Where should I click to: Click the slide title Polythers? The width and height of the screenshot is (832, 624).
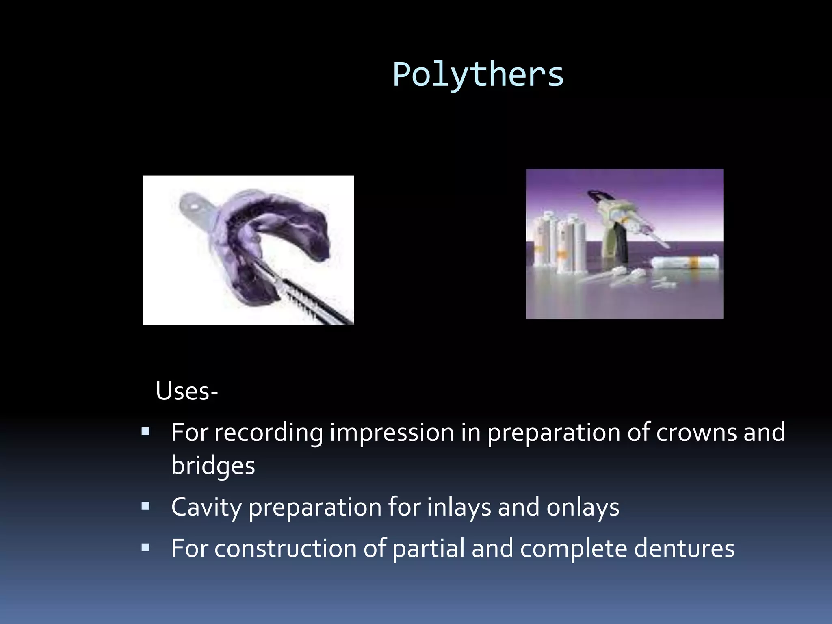coord(478,75)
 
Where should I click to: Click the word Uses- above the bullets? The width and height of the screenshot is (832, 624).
coord(187,391)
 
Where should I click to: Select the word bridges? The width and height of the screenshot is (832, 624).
coord(213,466)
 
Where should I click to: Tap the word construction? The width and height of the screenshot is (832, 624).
coord(286,548)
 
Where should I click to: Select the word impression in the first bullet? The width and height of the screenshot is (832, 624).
coord(392,432)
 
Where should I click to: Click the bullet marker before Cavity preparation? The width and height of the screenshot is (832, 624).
coord(146,507)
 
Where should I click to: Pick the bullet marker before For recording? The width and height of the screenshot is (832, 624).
coord(146,431)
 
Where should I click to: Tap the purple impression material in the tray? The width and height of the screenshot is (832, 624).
coord(280,211)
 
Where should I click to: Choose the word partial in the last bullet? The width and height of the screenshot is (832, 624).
coord(429,548)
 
